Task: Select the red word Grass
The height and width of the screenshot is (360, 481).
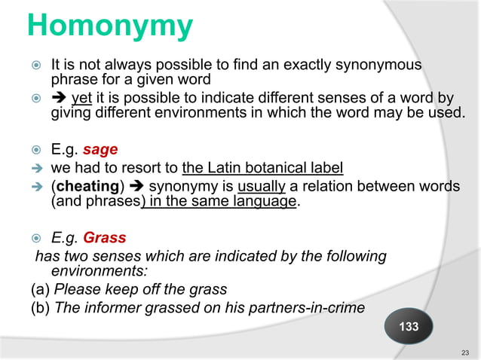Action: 104,239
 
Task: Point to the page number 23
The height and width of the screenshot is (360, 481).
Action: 464,352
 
